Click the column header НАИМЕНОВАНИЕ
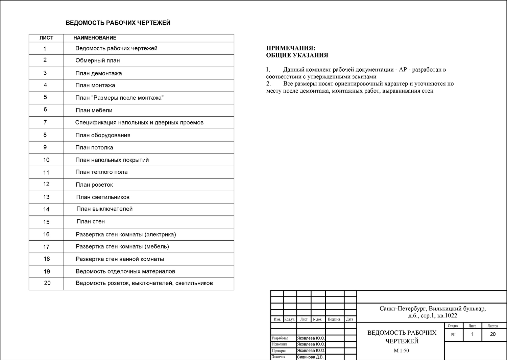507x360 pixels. [x=95, y=38]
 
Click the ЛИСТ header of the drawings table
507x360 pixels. [x=46, y=38]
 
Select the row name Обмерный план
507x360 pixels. [x=97, y=61]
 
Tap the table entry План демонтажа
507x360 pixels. [x=98, y=73]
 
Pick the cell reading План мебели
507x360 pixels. [x=94, y=110]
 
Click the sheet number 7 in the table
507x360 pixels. [x=45, y=122]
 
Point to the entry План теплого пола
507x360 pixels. [x=101, y=172]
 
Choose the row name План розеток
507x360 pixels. [x=94, y=185]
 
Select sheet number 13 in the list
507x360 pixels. [x=46, y=197]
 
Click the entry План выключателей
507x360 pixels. [x=104, y=209]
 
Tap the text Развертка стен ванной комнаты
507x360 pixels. [x=120, y=259]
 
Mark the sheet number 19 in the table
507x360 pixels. [x=47, y=271]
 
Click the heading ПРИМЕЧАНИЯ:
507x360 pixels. [x=291, y=48]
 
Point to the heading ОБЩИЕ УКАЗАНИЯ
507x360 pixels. [x=297, y=55]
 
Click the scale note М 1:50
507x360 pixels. [x=401, y=351]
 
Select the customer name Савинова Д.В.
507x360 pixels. [x=310, y=357]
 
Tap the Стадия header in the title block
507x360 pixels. [x=453, y=326]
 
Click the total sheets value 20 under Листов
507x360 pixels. [x=493, y=334]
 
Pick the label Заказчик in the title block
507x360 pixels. [x=279, y=357]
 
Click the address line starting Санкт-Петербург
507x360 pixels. [x=432, y=309]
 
